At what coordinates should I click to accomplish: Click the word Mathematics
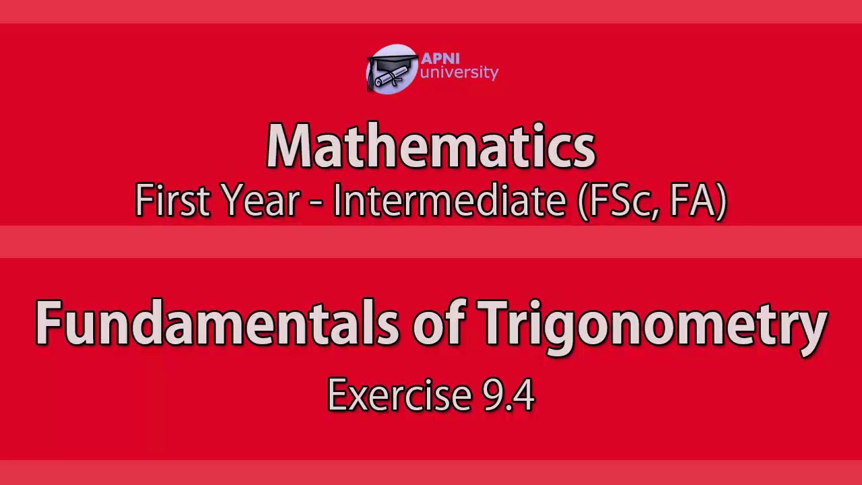431,146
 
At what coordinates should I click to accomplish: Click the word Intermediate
449,200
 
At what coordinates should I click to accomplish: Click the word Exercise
399,395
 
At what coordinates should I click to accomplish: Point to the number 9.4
508,395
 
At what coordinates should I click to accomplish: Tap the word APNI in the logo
440,59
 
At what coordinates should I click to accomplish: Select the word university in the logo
459,73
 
